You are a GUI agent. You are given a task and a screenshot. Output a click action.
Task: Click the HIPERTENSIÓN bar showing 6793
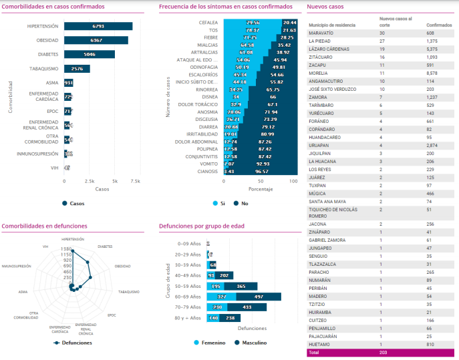(x=98, y=26)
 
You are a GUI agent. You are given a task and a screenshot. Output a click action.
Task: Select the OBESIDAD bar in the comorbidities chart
(x=96, y=40)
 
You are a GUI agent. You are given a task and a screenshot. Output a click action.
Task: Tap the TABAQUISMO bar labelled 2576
(x=77, y=69)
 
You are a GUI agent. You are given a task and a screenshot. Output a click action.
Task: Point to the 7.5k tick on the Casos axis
(x=135, y=181)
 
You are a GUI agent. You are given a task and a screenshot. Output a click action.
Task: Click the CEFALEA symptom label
(x=208, y=22)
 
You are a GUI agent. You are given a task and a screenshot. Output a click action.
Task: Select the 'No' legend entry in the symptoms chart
(x=241, y=203)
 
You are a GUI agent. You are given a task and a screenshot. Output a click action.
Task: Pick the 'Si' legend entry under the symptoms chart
(x=220, y=203)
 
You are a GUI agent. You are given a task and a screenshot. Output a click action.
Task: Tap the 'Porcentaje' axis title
(x=259, y=189)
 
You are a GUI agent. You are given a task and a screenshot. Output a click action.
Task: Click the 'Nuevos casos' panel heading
(x=325, y=7)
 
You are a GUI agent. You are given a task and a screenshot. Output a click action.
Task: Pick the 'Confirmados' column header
(x=420, y=25)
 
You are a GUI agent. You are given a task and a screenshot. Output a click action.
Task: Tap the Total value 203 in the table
(x=383, y=352)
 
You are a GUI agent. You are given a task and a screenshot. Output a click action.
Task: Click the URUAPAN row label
(x=319, y=145)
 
